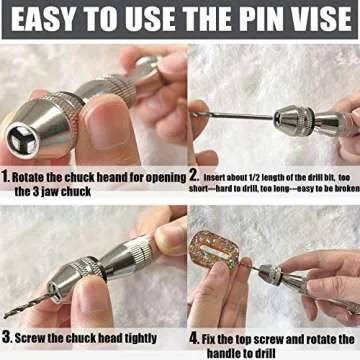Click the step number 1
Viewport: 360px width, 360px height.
tap(7, 174)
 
